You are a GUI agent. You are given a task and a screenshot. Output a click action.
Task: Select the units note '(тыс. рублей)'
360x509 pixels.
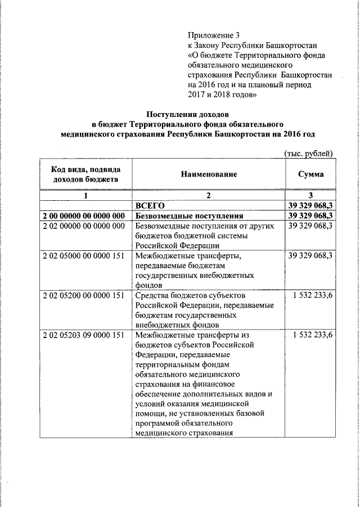click(x=308, y=154)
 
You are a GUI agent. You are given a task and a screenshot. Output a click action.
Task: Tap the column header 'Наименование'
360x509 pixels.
click(x=209, y=175)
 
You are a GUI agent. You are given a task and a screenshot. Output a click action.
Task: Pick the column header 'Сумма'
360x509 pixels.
click(x=311, y=175)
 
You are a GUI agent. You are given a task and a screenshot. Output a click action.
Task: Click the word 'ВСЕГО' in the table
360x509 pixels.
click(x=150, y=206)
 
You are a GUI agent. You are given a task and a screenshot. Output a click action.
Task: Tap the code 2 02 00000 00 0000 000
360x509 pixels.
click(x=83, y=226)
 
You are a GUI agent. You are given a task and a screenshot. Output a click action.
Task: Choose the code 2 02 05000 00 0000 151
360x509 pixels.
click(x=83, y=256)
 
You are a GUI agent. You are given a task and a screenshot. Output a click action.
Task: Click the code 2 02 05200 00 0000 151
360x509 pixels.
click(x=83, y=295)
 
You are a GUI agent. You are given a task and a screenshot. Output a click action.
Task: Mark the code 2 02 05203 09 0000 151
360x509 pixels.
click(x=83, y=335)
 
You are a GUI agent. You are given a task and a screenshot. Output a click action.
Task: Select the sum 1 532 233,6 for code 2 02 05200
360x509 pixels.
click(x=313, y=295)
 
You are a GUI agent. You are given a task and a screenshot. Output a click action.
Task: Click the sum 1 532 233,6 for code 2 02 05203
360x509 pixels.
click(x=313, y=335)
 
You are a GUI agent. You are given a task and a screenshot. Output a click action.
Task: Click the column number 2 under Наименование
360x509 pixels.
click(x=208, y=196)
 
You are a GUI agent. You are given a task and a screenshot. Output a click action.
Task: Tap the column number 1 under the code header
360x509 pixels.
click(x=85, y=196)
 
